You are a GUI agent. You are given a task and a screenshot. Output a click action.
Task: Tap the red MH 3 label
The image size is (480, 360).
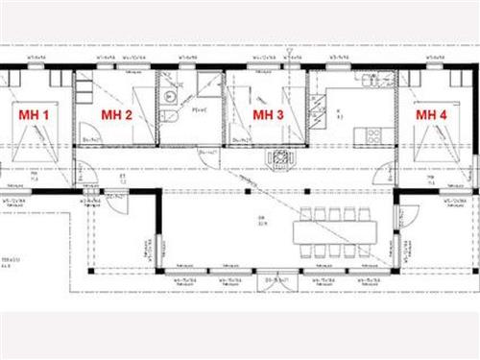tap(267, 114)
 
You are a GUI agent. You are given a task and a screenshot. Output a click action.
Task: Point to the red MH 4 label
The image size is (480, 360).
tap(431, 114)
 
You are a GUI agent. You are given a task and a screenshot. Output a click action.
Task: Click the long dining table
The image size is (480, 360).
tap(335, 229)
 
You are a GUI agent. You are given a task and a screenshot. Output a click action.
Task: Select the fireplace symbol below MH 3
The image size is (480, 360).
tap(280, 158)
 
